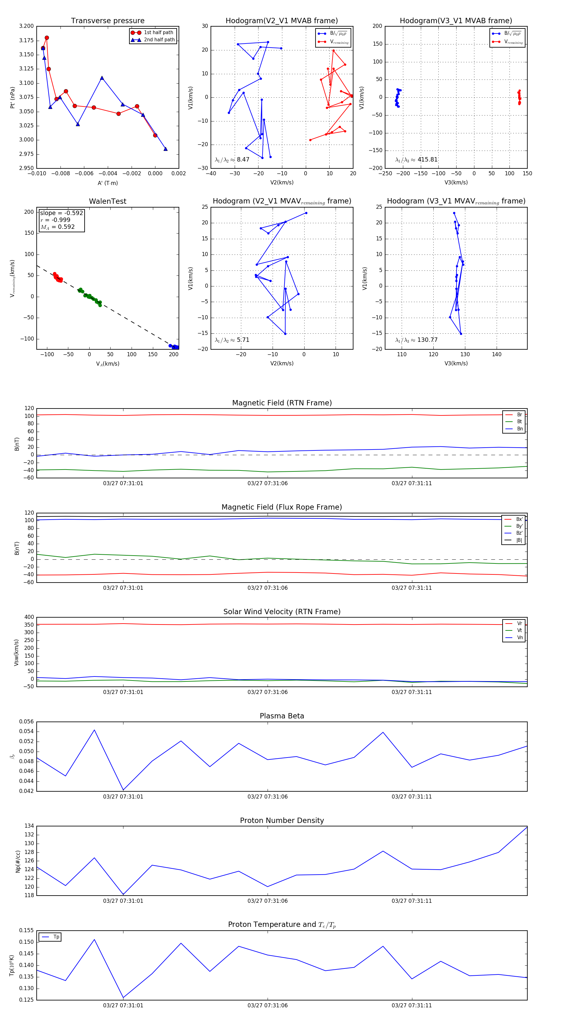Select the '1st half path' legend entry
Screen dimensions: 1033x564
158,33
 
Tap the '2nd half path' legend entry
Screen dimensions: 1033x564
159,40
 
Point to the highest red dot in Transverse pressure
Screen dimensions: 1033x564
47,38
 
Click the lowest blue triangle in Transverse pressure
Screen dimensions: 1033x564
165,149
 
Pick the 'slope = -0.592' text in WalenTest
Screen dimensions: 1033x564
61,213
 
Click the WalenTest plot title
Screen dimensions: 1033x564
107,201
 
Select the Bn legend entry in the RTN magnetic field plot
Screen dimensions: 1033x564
520,429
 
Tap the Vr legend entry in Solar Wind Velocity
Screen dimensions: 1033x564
520,623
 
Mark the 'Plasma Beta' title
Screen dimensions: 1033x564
282,716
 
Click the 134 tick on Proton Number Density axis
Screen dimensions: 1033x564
29,826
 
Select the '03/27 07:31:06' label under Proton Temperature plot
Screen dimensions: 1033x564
267,1005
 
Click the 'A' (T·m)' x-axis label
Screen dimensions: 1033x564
107,183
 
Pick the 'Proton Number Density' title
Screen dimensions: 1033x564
282,820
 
